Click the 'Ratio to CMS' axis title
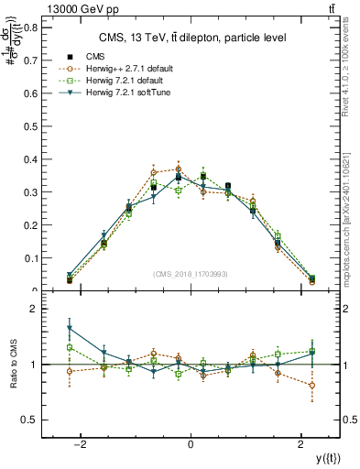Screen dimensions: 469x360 coord(13,365)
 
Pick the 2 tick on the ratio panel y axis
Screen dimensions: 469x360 coord(35,310)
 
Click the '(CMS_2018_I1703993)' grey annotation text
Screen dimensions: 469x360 coord(191,274)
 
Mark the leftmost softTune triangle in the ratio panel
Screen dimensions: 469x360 coord(70,329)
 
